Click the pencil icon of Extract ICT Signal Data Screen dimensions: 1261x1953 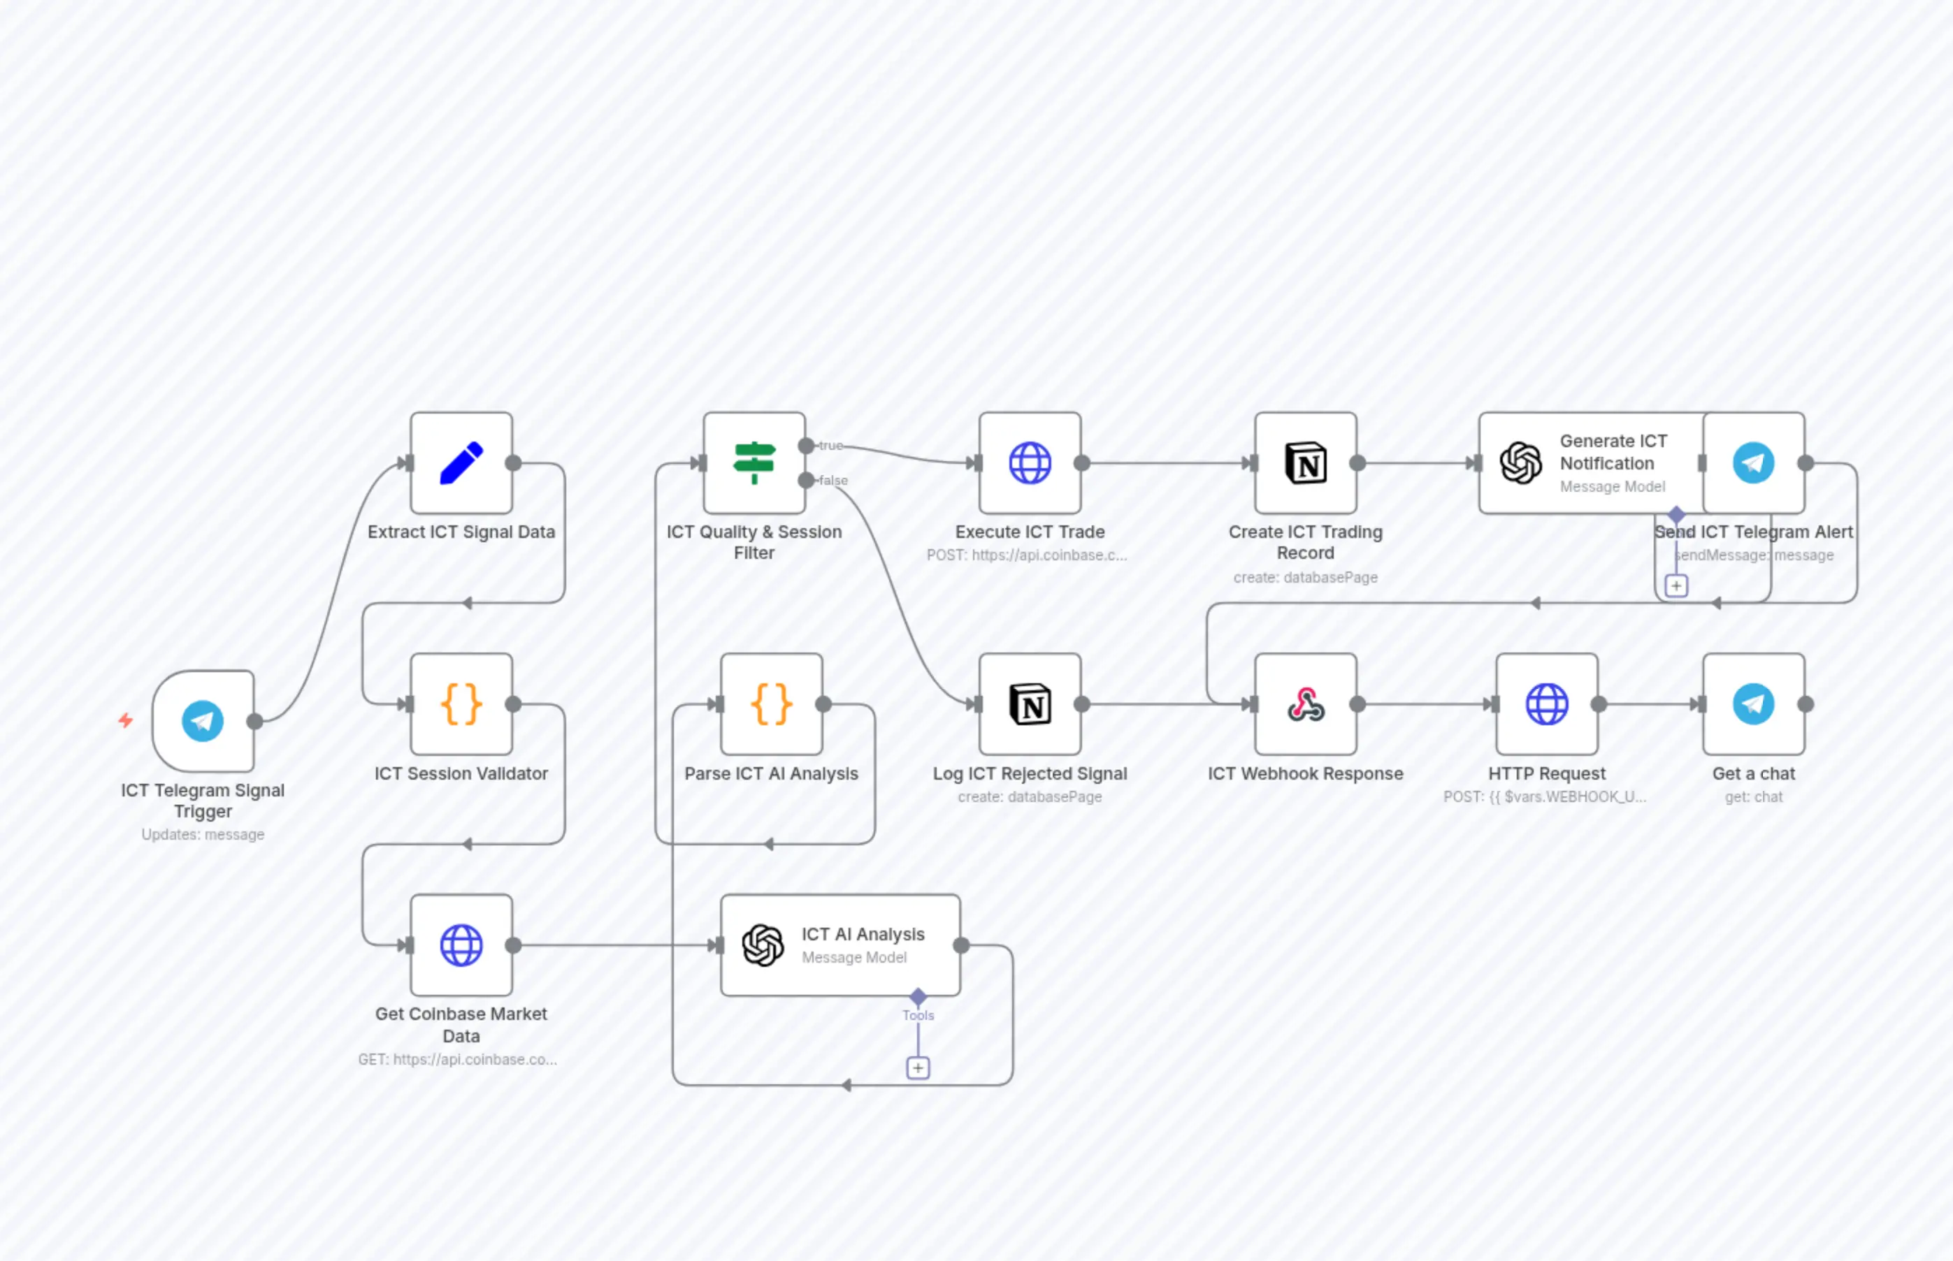(x=461, y=463)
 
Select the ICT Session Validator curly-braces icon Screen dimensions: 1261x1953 (x=461, y=704)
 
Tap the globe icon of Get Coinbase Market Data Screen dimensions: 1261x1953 (x=461, y=946)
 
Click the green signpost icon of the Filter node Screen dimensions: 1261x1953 (x=754, y=462)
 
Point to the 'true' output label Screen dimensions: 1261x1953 (x=830, y=446)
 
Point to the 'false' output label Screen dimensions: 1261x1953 (x=833, y=481)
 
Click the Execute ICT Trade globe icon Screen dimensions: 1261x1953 (x=1030, y=463)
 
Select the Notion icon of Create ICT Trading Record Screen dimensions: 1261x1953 (x=1306, y=463)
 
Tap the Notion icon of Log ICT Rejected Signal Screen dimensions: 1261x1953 (x=1030, y=704)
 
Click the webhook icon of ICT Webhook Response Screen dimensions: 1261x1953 (x=1306, y=704)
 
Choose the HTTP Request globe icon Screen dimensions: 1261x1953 (x=1547, y=704)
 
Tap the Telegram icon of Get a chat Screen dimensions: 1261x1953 (x=1753, y=704)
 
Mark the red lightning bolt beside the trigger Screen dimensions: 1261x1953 (x=125, y=720)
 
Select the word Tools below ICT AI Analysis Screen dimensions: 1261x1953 (x=918, y=1015)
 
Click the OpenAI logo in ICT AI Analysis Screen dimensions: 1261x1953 (x=763, y=946)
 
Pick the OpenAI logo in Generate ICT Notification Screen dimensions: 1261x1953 (x=1520, y=463)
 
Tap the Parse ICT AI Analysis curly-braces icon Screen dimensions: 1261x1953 (x=772, y=704)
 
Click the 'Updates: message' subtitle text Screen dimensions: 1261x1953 (x=202, y=834)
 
